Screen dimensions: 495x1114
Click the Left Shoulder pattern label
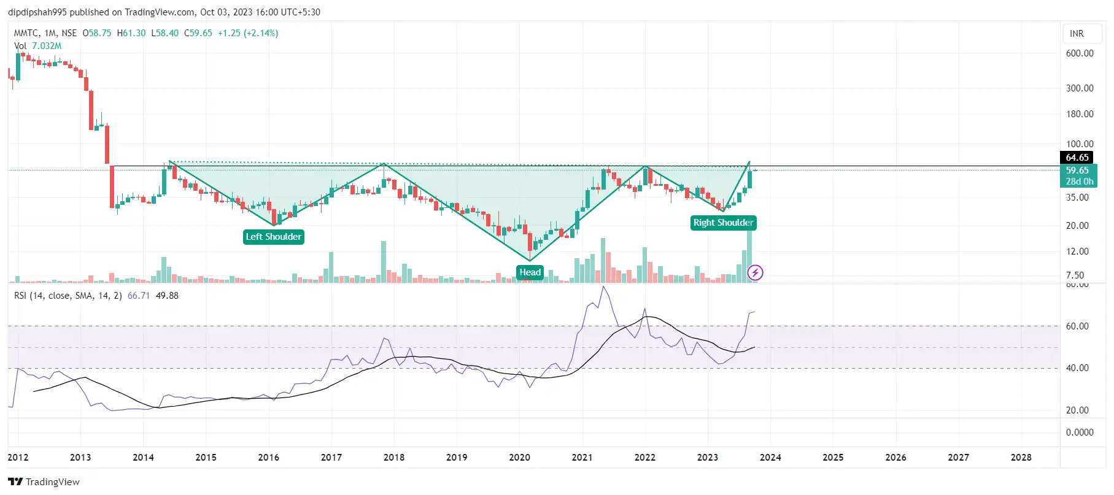274,237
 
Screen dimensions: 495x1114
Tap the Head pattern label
530,272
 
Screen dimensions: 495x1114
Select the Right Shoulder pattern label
723,223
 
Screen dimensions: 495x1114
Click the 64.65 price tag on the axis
1077,158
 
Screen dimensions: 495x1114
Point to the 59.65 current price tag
1077,171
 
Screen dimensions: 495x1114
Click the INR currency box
1077,34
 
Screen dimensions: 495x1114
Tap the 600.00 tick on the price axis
1080,53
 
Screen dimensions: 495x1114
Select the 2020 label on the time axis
519,458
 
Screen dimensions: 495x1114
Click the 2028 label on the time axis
1021,458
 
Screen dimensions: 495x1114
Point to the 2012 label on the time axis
18,458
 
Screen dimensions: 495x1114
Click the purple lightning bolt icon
755,272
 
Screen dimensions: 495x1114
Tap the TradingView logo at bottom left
44,482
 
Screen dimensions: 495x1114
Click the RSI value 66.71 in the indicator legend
139,296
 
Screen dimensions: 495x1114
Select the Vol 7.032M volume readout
38,46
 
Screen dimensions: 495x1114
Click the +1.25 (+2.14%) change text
248,33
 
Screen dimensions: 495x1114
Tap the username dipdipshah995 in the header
37,12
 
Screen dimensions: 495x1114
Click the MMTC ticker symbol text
26,33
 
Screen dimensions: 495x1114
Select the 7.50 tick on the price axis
1075,275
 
